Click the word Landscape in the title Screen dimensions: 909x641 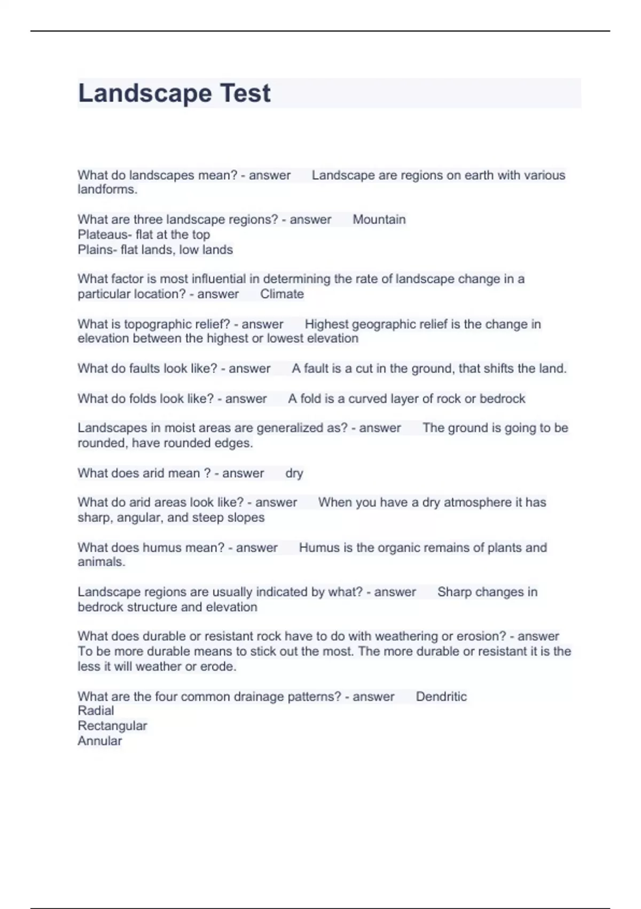point(144,94)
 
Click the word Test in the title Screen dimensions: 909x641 point(245,94)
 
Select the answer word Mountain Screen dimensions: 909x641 point(379,220)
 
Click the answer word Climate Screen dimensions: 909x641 point(282,294)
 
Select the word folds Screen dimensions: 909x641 point(144,399)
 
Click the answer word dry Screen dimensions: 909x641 point(294,473)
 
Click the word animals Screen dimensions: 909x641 point(101,562)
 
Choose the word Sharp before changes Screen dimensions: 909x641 point(454,592)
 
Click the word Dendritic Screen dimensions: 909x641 point(441,697)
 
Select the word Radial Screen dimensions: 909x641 point(96,711)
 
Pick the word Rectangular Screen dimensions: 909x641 point(112,726)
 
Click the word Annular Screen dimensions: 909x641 point(100,741)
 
